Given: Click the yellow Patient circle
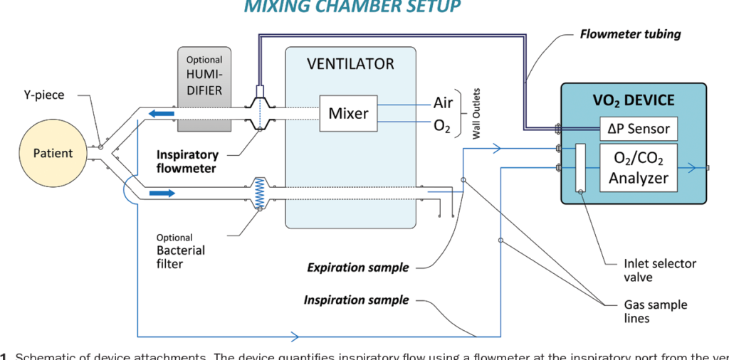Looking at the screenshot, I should (x=53, y=153).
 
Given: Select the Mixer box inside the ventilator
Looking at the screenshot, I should (x=348, y=113).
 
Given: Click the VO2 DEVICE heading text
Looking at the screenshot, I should (x=634, y=100).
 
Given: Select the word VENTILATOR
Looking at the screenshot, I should (x=350, y=64).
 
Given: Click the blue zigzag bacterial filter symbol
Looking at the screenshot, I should (x=260, y=192).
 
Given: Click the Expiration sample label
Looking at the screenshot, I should (x=357, y=268).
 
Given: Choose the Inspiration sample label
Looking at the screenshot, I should (x=356, y=300).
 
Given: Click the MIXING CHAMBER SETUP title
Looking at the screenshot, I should (x=352, y=7).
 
